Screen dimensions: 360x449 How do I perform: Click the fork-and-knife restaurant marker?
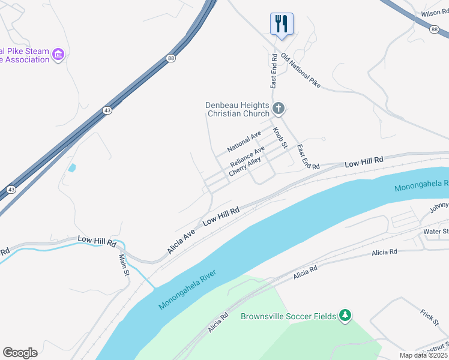tap(282, 24)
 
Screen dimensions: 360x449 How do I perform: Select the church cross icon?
tap(278, 109)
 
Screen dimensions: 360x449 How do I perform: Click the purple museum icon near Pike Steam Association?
tap(58, 55)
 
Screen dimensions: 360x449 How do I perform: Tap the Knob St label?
tap(280, 137)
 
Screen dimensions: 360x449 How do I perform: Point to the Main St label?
tap(124, 265)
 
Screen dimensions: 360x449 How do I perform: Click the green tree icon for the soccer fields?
tap(345, 315)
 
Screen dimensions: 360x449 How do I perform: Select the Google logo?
tap(20, 353)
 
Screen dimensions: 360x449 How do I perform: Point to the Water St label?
tap(436, 232)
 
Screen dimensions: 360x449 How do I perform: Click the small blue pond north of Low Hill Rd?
tap(72, 168)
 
